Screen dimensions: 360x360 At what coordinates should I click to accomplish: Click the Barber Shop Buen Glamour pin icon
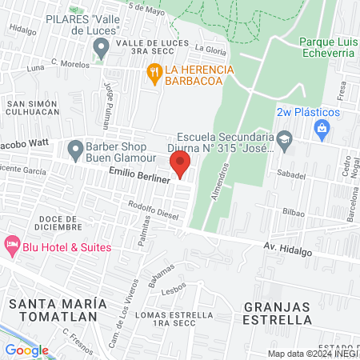(76, 148)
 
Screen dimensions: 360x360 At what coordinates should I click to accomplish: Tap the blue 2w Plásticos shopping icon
(322, 128)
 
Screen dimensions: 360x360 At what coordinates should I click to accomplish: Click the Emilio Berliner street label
(141, 182)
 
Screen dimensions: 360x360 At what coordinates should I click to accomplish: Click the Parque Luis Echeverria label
(327, 50)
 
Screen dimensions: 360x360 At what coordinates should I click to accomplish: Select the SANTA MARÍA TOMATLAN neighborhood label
(57, 311)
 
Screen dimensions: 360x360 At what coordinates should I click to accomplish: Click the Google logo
(26, 350)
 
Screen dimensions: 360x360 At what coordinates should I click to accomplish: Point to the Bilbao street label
(294, 212)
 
